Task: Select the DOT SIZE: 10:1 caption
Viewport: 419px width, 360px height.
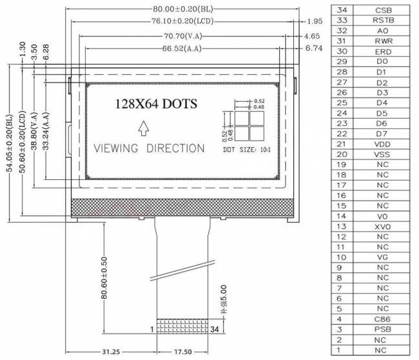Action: click(x=247, y=150)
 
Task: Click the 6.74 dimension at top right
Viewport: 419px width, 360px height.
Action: click(x=313, y=48)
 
